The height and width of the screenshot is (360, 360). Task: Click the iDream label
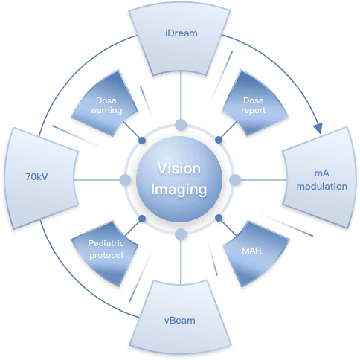[x=181, y=33]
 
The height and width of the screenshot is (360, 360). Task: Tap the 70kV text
[x=36, y=176]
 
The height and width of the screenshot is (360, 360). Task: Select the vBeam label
[x=180, y=321]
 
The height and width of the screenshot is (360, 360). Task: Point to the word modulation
[x=322, y=187]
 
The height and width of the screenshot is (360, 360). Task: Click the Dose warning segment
[x=106, y=104]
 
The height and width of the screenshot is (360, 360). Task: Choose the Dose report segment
[x=254, y=104]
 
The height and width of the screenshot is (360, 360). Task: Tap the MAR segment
[x=255, y=253]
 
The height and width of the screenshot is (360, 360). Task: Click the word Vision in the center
[x=179, y=169]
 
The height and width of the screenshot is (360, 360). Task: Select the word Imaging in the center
[x=179, y=190]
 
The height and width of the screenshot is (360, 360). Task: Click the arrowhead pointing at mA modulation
[x=318, y=128]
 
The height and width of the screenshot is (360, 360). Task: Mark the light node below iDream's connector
[x=181, y=125]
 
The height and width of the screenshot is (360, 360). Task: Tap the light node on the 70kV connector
[x=125, y=180]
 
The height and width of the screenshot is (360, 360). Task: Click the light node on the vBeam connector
[x=181, y=234]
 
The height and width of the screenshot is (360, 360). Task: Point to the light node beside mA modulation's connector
[x=235, y=180]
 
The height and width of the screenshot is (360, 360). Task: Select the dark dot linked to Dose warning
[x=142, y=141]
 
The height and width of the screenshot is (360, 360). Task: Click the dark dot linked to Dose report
[x=219, y=140]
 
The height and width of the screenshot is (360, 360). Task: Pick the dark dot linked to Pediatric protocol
[x=142, y=219]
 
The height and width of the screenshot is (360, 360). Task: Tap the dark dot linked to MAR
[x=219, y=218]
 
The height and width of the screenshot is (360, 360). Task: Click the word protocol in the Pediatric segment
[x=106, y=255]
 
